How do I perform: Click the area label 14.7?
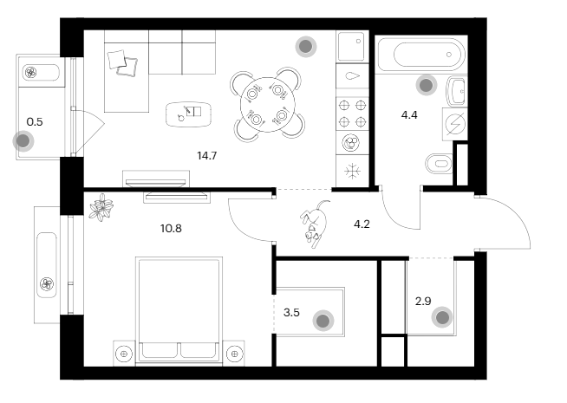click(207, 156)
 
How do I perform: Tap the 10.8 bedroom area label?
click(171, 229)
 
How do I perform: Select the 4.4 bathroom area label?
click(409, 115)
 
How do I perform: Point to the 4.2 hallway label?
click(362, 224)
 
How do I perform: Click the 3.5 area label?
click(291, 312)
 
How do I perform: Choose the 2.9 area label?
click(423, 301)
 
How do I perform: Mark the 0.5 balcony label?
click(35, 122)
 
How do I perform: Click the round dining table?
click(268, 105)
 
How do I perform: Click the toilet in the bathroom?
click(439, 164)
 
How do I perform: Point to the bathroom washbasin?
click(457, 91)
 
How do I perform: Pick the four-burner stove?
click(352, 114)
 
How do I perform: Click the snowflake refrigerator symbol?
click(352, 171)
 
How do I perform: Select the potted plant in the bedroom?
click(101, 207)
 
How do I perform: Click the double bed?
click(179, 309)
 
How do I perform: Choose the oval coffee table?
click(188, 114)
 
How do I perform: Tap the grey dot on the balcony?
click(23, 141)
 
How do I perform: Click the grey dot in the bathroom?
click(427, 85)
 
